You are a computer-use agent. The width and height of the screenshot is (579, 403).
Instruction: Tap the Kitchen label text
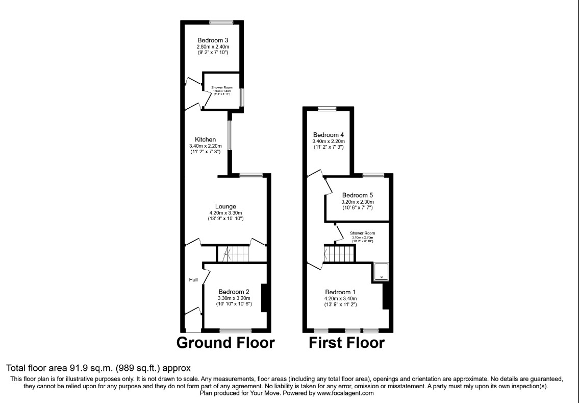pos(205,139)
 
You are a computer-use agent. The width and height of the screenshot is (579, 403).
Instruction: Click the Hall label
pos(193,280)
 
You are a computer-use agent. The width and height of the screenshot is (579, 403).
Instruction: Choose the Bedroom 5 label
pos(357,195)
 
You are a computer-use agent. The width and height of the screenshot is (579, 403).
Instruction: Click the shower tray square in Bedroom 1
pos(382,272)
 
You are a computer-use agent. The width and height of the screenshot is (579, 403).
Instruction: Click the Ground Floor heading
pos(225,343)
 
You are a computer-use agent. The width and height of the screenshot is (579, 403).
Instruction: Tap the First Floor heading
pos(347,343)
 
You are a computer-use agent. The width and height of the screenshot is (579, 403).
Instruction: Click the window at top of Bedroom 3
pos(221,22)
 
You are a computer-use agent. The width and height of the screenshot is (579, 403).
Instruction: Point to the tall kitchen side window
pos(230,135)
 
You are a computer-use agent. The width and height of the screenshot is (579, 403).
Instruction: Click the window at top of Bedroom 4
pos(326,108)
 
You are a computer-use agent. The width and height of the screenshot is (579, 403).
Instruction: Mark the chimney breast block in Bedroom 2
pos(265,298)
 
